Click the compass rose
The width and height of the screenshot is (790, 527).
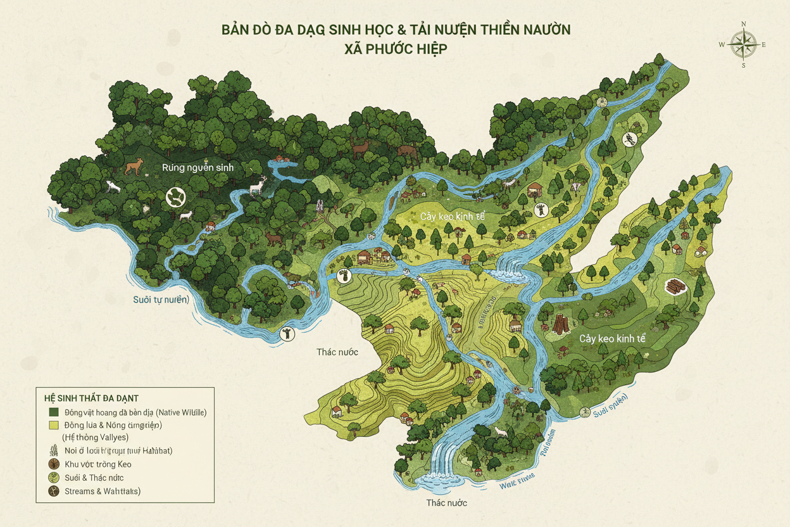click(743, 45)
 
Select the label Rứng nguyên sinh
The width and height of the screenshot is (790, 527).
click(197, 167)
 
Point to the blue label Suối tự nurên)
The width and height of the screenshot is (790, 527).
click(160, 300)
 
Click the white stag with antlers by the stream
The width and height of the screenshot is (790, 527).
click(258, 185)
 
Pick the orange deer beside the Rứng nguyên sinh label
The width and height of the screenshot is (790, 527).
click(134, 167)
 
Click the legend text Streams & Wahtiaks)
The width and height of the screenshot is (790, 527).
click(102, 492)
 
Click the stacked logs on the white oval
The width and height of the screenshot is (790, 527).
click(676, 286)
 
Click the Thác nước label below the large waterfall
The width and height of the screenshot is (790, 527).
click(446, 502)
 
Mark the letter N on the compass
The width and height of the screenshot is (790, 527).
click(743, 25)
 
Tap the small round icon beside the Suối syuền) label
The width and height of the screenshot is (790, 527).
click(585, 412)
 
